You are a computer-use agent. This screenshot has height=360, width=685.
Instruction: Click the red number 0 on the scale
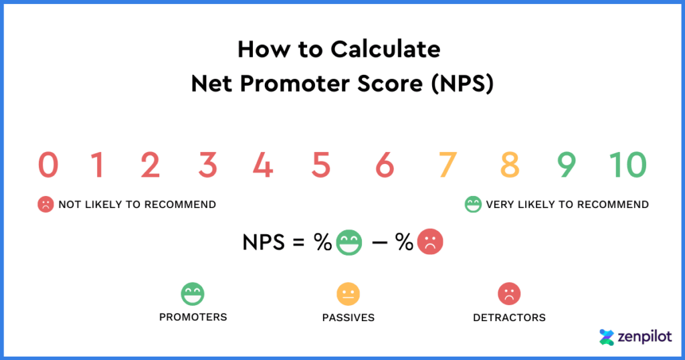(48, 165)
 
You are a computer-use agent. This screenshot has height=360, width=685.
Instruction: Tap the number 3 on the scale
(207, 165)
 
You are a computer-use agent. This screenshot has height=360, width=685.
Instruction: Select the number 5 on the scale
(321, 165)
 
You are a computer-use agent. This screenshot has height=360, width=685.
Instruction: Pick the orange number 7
(448, 165)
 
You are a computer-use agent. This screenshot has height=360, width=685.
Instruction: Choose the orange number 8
(510, 165)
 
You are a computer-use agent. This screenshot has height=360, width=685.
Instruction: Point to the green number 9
(566, 165)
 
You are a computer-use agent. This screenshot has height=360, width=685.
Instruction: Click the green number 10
(628, 165)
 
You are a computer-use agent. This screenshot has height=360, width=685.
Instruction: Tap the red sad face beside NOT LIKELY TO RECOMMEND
(45, 204)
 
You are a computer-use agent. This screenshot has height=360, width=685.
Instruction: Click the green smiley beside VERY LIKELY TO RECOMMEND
(473, 204)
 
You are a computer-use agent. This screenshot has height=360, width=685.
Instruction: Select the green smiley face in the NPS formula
(349, 243)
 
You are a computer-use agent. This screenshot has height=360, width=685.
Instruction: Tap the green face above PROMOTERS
(193, 294)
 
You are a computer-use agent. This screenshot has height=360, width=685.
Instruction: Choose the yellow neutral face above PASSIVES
(348, 294)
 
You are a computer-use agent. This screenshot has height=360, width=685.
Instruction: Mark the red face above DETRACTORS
(509, 294)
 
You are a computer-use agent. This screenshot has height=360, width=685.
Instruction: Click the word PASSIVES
(348, 317)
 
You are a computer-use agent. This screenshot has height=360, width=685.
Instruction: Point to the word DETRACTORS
(509, 317)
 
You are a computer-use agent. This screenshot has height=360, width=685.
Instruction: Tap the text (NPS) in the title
(462, 84)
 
